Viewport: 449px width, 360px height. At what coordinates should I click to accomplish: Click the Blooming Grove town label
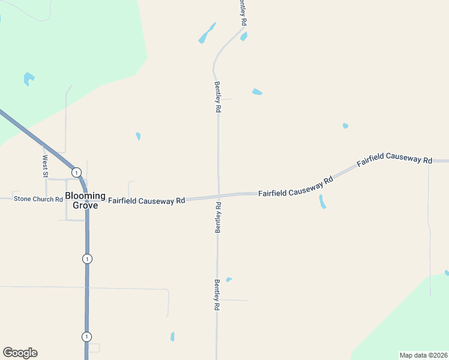coord(85,200)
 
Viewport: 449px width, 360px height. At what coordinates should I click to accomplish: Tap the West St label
coord(44,166)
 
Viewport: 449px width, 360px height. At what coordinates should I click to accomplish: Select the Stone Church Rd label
coord(38,199)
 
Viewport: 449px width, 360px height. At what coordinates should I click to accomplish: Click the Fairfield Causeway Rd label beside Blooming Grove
coord(146,200)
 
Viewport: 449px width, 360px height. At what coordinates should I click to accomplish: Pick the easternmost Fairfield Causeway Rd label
coord(394,159)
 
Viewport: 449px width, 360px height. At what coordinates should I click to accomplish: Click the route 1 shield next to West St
coord(76,172)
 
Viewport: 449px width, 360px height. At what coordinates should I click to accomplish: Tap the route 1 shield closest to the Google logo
coord(87,336)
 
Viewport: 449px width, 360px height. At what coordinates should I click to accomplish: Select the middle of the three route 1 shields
coord(88,259)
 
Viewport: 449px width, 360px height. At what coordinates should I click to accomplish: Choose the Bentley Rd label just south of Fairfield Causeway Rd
coord(218,217)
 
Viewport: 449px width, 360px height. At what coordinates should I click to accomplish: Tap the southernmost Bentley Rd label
coord(217,294)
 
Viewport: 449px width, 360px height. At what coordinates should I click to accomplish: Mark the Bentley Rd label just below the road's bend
coord(218,98)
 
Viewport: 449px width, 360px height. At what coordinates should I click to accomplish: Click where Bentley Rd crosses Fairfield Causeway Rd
coord(218,196)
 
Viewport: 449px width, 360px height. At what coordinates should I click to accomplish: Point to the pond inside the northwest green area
coord(28,78)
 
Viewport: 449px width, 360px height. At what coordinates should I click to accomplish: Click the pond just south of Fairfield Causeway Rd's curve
coord(322,202)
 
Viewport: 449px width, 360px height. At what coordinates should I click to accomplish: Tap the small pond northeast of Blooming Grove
coord(138,136)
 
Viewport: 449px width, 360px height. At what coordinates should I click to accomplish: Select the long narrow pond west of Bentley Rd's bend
coord(206,34)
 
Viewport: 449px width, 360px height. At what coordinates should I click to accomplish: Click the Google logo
coord(20,353)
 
